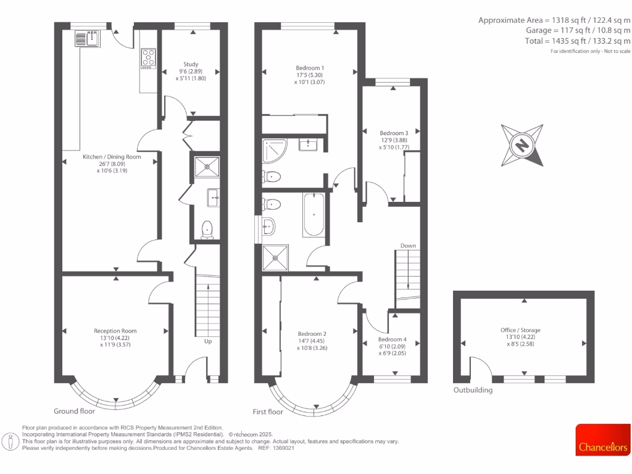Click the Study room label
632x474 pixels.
click(x=191, y=64)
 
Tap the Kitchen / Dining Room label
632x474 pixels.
click(x=112, y=157)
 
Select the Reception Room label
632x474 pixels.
click(x=115, y=331)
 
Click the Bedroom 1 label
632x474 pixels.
click(x=310, y=68)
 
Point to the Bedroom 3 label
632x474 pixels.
click(x=394, y=133)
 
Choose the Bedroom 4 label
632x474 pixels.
click(x=393, y=339)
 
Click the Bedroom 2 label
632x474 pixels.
click(x=312, y=334)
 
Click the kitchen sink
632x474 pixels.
click(x=87, y=39)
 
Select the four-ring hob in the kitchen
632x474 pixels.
click(x=149, y=57)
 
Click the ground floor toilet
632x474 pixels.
click(x=207, y=228)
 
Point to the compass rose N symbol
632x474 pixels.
click(x=522, y=146)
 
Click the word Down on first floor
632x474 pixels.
click(x=408, y=246)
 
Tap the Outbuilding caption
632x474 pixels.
click(x=473, y=391)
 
